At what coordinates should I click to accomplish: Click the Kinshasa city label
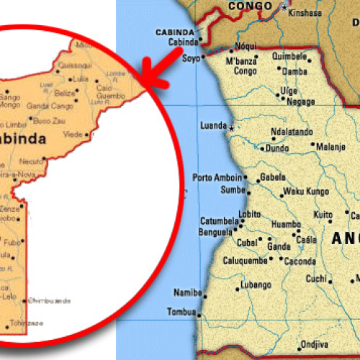[305, 13]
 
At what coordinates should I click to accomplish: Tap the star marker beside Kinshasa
[285, 7]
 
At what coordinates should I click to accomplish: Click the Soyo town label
[191, 57]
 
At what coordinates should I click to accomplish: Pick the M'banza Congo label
[241, 66]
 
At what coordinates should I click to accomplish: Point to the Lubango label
[256, 285]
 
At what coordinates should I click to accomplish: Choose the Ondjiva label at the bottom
[314, 345]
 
